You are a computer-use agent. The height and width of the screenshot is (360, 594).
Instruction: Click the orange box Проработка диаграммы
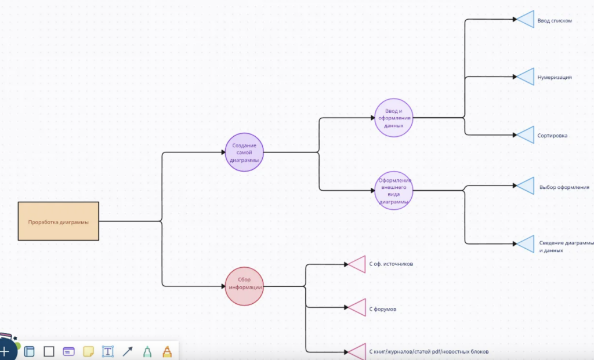coord(59,221)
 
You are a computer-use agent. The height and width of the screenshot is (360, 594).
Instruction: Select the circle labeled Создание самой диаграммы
coord(244,152)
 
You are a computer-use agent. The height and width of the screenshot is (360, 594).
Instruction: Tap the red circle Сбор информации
coord(244,286)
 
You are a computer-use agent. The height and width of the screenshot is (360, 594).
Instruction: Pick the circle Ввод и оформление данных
coord(394,118)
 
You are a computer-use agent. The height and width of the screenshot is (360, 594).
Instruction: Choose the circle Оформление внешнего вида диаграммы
coord(394,190)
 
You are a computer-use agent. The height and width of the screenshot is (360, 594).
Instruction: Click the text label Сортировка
coord(552,136)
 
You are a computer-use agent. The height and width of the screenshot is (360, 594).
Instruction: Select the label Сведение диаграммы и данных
coord(566,246)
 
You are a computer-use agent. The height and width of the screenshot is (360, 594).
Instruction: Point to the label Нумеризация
coord(555,77)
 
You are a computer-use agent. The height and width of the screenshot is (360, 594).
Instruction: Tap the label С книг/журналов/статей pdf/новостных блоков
coord(429,352)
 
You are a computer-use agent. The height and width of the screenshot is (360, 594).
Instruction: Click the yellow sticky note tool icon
coord(88,352)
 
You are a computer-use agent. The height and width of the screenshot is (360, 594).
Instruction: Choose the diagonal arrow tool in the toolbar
coord(128,352)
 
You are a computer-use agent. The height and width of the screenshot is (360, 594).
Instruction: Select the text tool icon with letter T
coord(108,352)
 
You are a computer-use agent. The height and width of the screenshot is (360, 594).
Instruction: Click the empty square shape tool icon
coord(49,352)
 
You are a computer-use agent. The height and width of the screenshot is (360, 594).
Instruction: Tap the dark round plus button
coord(5,351)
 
